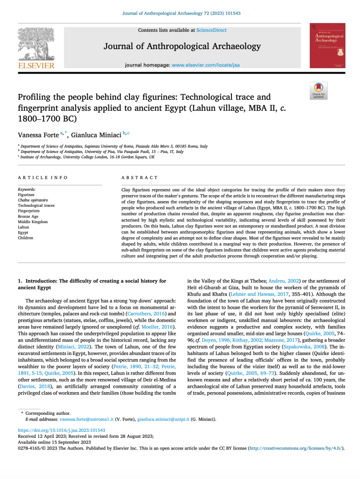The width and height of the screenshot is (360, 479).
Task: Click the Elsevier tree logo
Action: (x=36, y=44)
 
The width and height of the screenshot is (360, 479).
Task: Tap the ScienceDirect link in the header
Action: (x=211, y=30)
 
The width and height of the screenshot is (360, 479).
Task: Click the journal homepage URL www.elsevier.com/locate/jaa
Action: (x=205, y=65)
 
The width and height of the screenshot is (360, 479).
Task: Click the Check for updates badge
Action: (x=318, y=90)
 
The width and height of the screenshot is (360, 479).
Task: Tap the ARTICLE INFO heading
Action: (x=43, y=178)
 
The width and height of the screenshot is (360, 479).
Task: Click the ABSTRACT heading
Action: (x=139, y=178)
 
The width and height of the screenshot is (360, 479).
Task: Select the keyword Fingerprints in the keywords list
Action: (x=29, y=210)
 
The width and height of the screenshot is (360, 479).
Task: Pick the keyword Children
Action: (x=26, y=238)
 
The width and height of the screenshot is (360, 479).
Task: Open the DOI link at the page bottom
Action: (x=61, y=430)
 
